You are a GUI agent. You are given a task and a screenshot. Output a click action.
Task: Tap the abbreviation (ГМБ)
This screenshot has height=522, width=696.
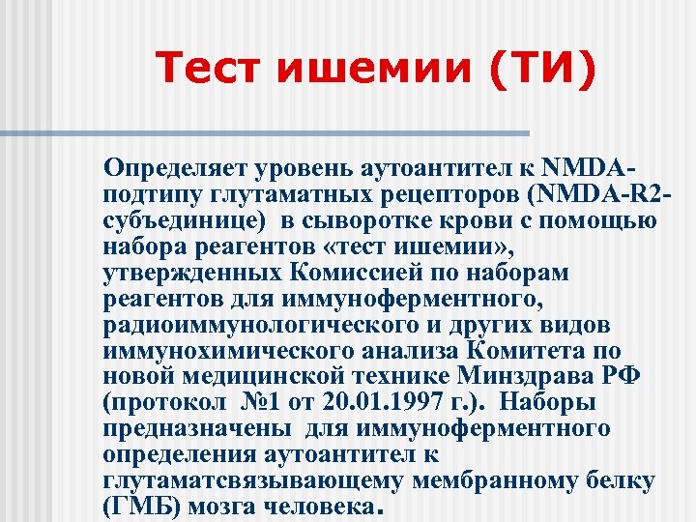[x=137, y=507]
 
